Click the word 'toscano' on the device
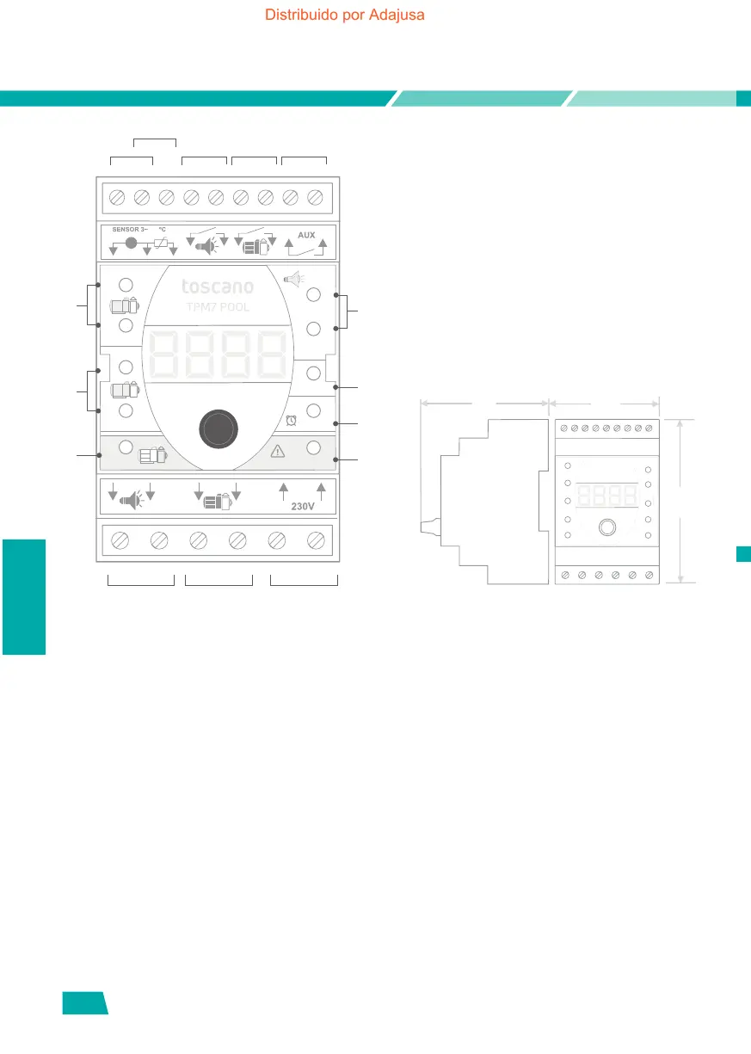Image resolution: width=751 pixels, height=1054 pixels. point(217,287)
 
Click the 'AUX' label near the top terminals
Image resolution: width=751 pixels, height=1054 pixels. point(306,234)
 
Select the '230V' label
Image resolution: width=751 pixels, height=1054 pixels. point(302,507)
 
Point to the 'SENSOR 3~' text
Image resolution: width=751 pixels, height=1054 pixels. point(131,230)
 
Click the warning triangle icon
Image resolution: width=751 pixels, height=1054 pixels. point(277,450)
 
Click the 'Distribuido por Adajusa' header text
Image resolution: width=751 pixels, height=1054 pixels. point(345,15)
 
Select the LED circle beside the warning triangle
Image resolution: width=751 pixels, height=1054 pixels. point(313,447)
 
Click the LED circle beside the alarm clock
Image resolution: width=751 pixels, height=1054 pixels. point(313,410)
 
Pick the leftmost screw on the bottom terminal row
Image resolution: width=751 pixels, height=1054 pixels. point(121,540)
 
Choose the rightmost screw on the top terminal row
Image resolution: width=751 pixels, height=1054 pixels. point(315,198)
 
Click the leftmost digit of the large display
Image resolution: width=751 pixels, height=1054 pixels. point(165,354)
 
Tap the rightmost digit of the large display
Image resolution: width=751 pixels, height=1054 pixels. point(270,354)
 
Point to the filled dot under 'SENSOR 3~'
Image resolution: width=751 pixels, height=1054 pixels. point(131,243)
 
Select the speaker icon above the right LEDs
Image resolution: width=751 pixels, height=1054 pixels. point(293,277)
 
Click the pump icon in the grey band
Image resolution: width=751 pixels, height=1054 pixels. point(153,455)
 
